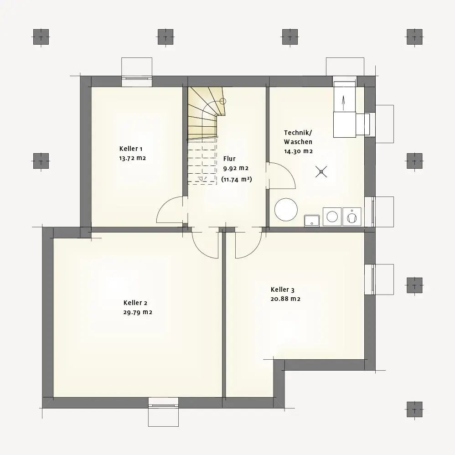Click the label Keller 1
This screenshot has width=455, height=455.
pyautogui.click(x=131, y=149)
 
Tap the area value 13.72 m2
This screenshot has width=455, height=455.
pyautogui.click(x=132, y=158)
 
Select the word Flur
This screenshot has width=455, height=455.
pyautogui.click(x=229, y=159)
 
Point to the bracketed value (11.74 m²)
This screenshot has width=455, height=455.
pyautogui.click(x=237, y=179)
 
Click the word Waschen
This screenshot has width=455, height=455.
pyautogui.click(x=298, y=142)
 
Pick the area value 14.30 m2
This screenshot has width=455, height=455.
pyautogui.click(x=298, y=151)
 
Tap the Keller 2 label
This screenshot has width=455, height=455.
pyautogui.click(x=135, y=303)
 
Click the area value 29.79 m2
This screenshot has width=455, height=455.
pyautogui.click(x=138, y=312)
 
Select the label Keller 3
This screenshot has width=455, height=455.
pyautogui.click(x=283, y=290)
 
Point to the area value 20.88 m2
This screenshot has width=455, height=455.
pyautogui.click(x=285, y=299)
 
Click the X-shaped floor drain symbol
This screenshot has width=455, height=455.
pyautogui.click(x=321, y=172)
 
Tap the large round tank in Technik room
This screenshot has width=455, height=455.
pyautogui.click(x=286, y=210)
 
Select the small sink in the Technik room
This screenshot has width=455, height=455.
pyautogui.click(x=312, y=221)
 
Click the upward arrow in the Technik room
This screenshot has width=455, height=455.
pyautogui.click(x=344, y=103)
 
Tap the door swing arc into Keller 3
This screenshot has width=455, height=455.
pyautogui.click(x=253, y=251)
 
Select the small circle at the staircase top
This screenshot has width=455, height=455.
pyautogui.click(x=223, y=101)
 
